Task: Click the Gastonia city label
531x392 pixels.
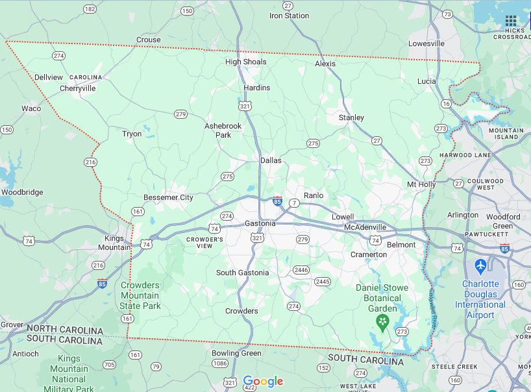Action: pos(260,223)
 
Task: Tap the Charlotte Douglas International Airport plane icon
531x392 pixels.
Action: pos(480,266)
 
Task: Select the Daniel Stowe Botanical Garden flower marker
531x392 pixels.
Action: pos(384,321)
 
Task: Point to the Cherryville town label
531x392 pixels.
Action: pos(77,88)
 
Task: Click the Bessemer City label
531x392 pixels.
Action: pos(168,197)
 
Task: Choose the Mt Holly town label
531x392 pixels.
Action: pos(421,184)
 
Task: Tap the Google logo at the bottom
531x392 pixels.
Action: pos(263,381)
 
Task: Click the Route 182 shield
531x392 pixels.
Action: pos(90,9)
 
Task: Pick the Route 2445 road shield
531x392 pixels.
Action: pos(323,281)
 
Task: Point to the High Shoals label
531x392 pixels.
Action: pos(245,62)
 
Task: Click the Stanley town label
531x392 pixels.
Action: pos(351,118)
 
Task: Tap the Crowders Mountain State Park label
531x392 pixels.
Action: pos(140,295)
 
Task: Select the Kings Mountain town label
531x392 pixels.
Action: pos(114,243)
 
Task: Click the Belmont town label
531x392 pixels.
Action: pos(401,245)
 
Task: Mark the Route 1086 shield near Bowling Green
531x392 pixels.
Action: pos(221,363)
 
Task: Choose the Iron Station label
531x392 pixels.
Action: pos(289,16)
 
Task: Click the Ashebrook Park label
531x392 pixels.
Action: pos(223,130)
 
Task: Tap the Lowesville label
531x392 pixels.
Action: pos(426,43)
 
